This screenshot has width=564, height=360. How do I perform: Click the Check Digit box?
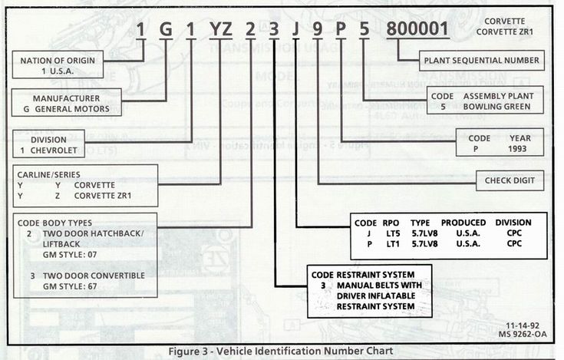pos(509,182)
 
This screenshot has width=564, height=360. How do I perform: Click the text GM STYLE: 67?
pos(66,285)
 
